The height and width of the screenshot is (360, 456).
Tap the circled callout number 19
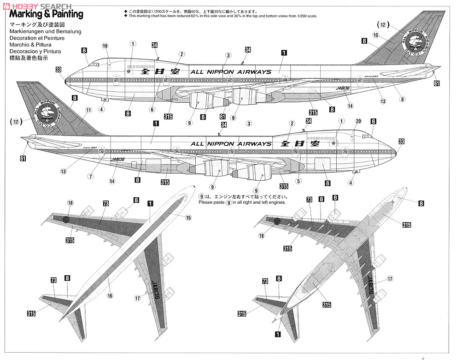click(x=105, y=46)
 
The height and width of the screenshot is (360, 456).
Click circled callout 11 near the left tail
click(x=88, y=110)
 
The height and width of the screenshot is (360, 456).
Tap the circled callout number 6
click(x=152, y=109)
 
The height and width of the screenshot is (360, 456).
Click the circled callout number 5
click(x=298, y=181)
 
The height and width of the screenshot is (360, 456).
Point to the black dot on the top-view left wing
click(x=65, y=220)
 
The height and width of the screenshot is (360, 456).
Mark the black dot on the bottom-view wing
click(x=277, y=221)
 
